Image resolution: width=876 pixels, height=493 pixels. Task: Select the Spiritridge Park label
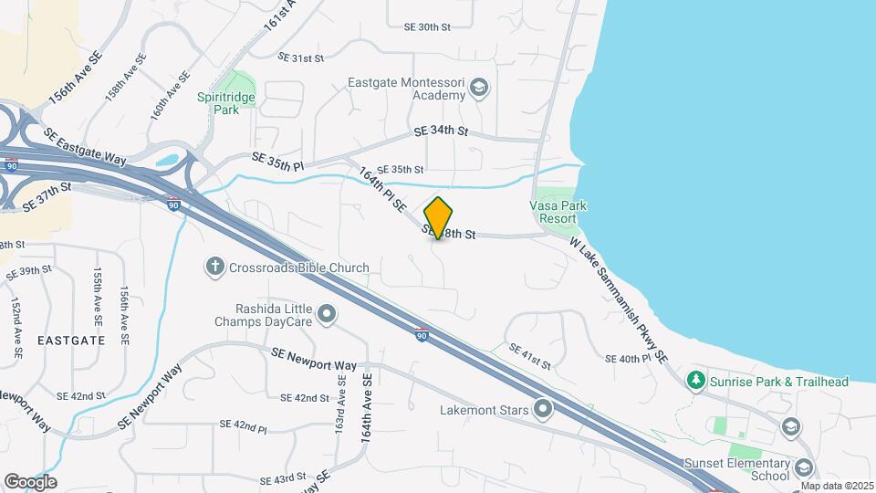click(225, 102)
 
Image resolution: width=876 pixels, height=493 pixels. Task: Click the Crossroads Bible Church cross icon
click(215, 267)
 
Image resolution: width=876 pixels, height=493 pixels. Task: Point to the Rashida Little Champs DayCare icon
click(327, 316)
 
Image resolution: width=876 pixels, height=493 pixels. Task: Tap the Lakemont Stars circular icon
click(544, 409)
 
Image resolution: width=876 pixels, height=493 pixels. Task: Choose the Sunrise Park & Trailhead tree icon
click(696, 380)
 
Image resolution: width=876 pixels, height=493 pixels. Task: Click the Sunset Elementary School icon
click(804, 468)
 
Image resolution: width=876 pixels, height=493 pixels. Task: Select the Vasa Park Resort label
click(558, 212)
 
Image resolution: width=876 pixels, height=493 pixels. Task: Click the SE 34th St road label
click(441, 132)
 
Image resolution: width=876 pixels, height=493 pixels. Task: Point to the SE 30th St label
click(427, 27)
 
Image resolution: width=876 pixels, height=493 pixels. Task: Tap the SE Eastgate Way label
click(84, 145)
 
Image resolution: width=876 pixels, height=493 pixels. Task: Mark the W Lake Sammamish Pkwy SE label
click(620, 298)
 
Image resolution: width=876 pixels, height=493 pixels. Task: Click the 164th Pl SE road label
click(383, 190)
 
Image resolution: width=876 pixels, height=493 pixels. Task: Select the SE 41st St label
click(529, 357)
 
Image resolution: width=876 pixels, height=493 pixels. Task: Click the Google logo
click(30, 481)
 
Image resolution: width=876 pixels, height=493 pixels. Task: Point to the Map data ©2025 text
click(837, 486)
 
